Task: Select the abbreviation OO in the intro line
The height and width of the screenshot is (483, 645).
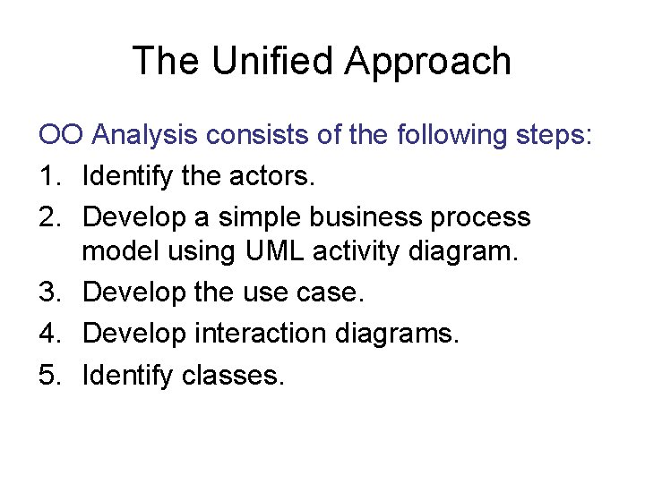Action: pos(61,135)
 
